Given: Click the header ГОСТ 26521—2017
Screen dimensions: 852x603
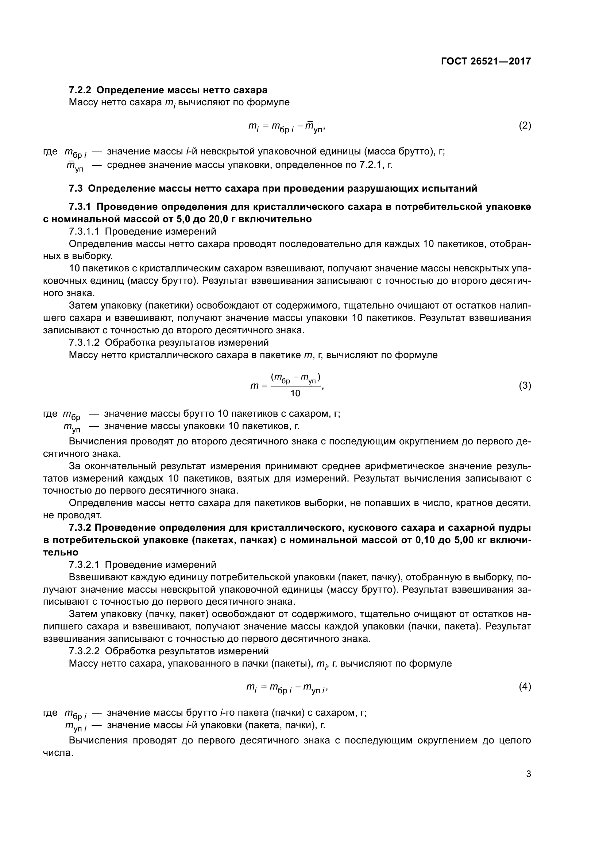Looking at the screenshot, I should click(486, 61).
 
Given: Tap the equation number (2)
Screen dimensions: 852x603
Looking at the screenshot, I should click(525, 125).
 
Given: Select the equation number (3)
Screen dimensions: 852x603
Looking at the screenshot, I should click(525, 385).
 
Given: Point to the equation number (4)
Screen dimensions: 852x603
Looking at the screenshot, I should click(525, 687).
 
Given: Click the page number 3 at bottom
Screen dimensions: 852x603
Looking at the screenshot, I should click(528, 774).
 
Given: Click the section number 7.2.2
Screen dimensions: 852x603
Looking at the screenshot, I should click(80, 90).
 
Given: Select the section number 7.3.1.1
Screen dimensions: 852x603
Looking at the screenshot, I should click(84, 232).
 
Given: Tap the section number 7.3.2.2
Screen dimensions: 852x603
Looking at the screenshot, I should click(84, 651).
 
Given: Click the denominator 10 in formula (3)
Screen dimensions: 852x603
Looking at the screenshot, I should click(295, 393).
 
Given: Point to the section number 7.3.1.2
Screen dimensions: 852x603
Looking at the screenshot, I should click(84, 342).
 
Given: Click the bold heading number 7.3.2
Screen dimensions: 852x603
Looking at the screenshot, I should click(80, 528).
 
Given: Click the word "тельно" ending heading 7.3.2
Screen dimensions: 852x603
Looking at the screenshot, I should click(61, 552).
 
